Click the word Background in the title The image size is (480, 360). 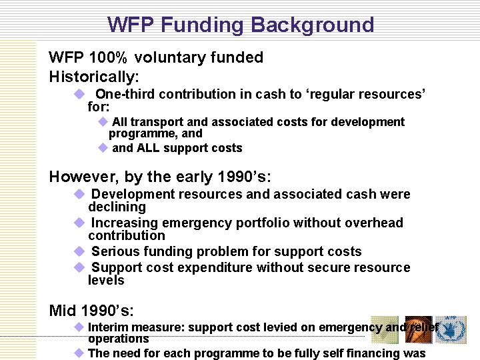coord(313,25)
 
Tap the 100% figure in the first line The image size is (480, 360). coord(109,58)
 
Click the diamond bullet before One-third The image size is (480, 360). coord(78,94)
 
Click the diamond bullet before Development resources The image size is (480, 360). coord(79,194)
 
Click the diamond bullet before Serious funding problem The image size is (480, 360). coord(79,251)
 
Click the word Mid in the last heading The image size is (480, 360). coord(62,311)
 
